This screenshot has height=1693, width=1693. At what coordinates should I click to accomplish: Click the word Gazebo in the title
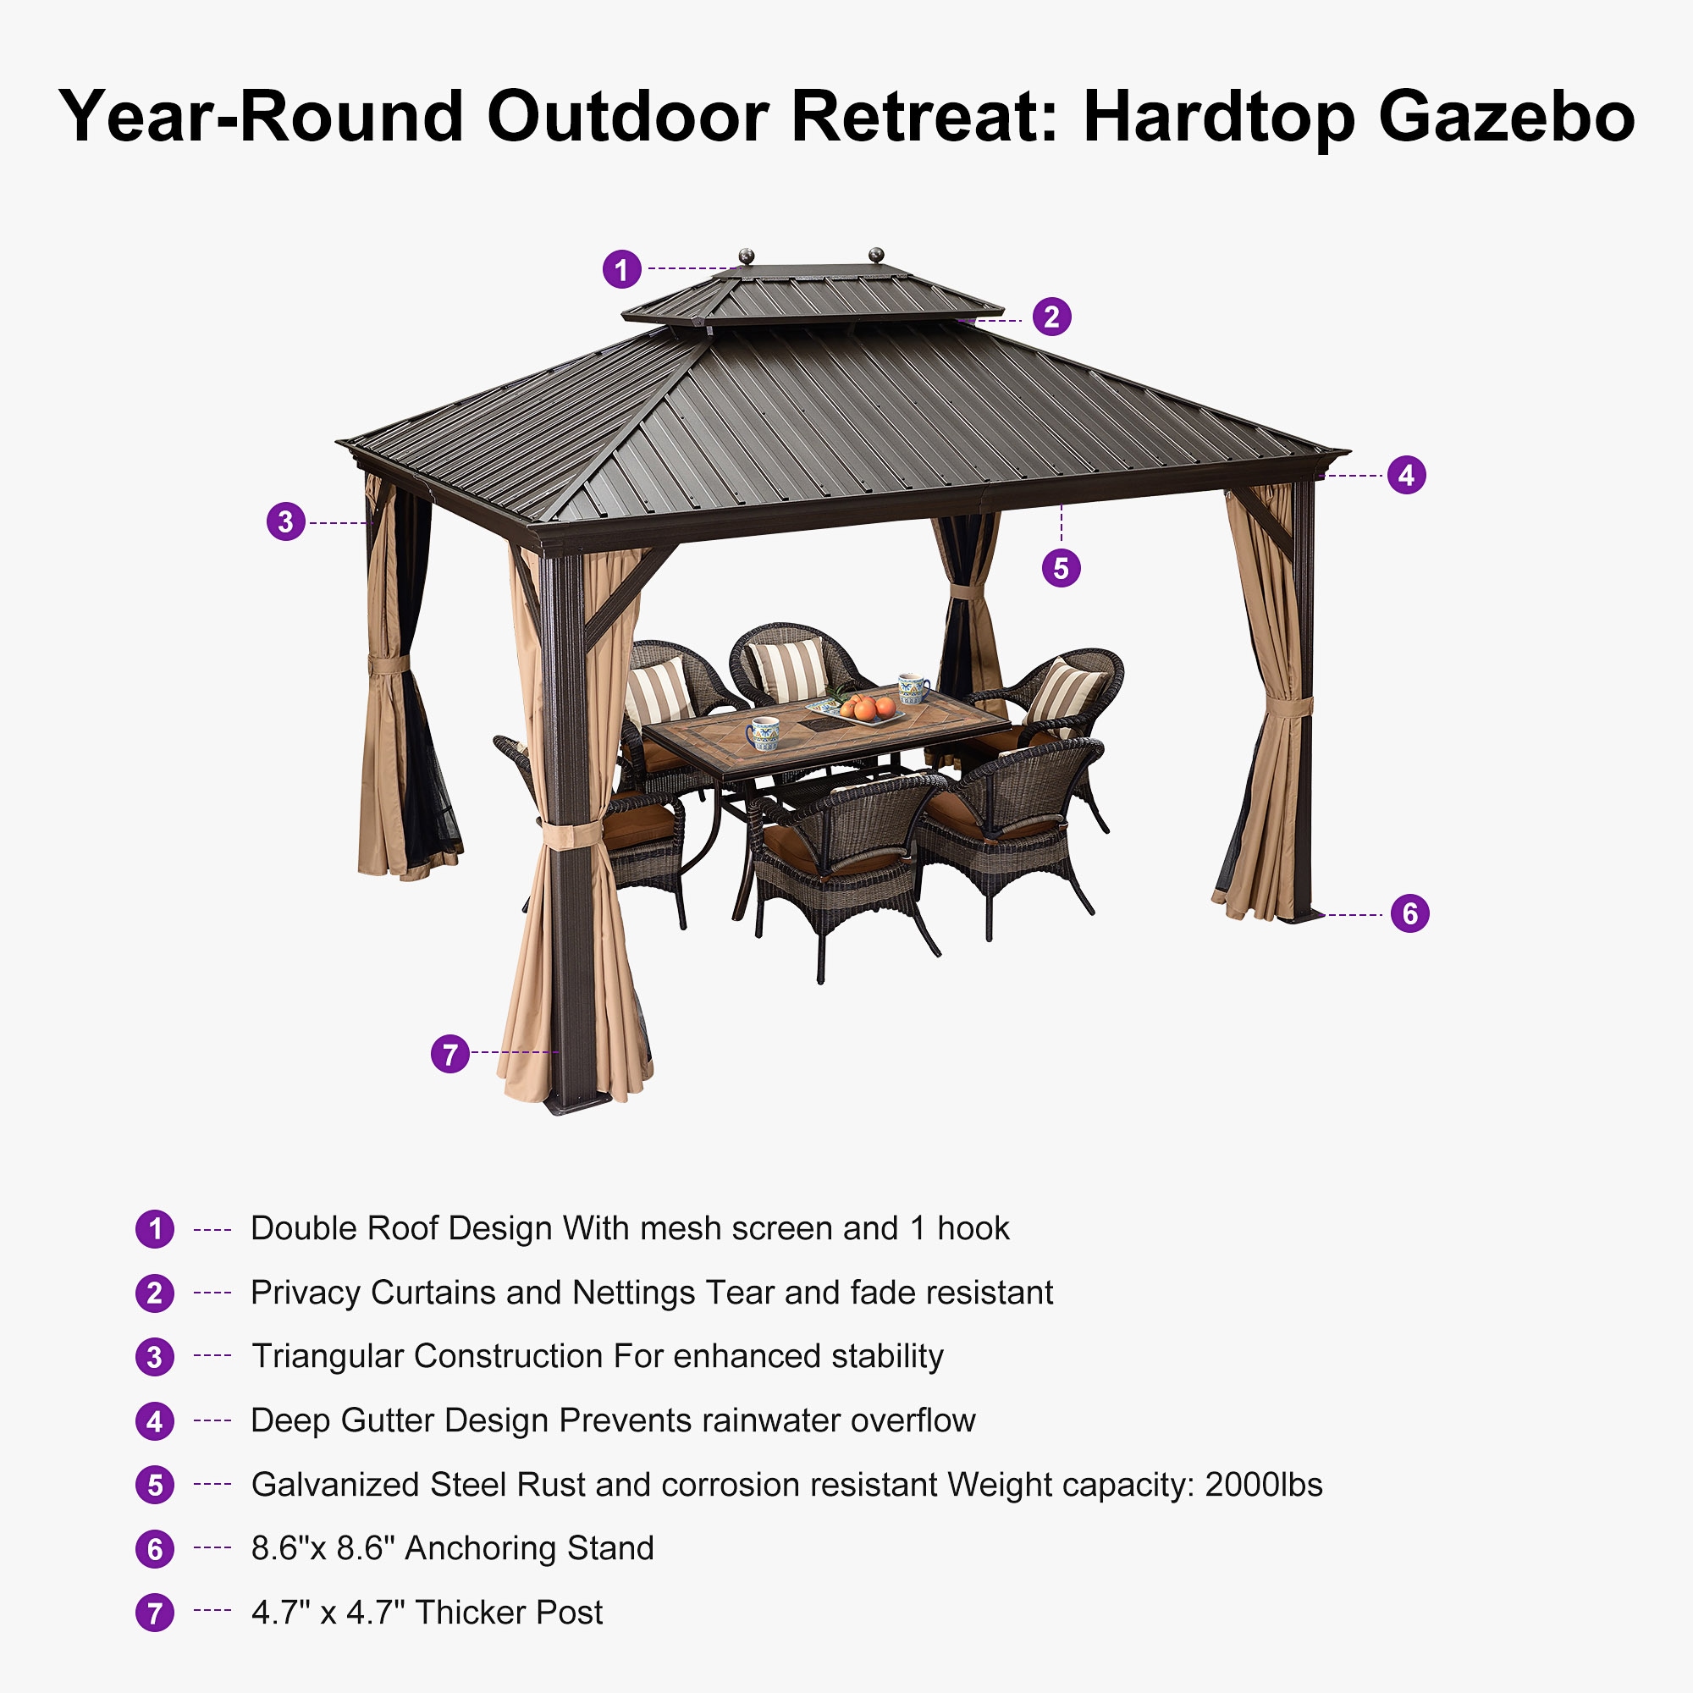pyautogui.click(x=1507, y=117)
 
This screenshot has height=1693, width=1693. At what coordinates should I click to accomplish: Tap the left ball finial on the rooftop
pyautogui.click(x=747, y=256)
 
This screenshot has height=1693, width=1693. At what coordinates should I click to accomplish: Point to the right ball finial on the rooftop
pyautogui.click(x=875, y=255)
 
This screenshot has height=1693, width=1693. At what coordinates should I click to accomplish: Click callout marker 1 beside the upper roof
pyautogui.click(x=621, y=269)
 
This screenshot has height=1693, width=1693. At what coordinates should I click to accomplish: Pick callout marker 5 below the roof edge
pyautogui.click(x=1062, y=568)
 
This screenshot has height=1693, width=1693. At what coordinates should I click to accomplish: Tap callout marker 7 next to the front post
pyautogui.click(x=450, y=1053)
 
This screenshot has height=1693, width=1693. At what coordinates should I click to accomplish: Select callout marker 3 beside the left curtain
pyautogui.click(x=285, y=522)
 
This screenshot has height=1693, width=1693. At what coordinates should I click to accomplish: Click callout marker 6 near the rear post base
pyautogui.click(x=1410, y=914)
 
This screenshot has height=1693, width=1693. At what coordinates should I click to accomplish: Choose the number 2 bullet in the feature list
pyautogui.click(x=155, y=1293)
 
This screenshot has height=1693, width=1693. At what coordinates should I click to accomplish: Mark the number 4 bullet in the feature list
pyautogui.click(x=155, y=1421)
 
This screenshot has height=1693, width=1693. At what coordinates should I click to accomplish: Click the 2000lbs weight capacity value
pyautogui.click(x=1264, y=1485)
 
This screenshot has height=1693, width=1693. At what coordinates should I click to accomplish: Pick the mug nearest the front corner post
pyautogui.click(x=763, y=732)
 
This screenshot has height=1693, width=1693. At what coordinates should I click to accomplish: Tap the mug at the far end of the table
pyautogui.click(x=913, y=689)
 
